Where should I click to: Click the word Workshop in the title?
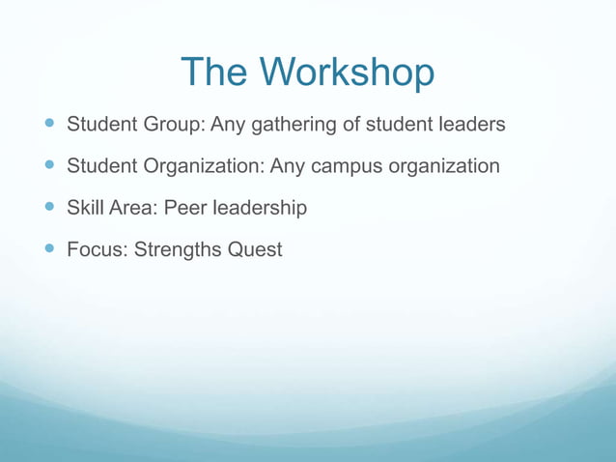[x=348, y=72]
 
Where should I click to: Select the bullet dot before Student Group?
[x=49, y=125]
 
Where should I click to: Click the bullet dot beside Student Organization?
[x=49, y=166]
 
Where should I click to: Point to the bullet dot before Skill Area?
[x=49, y=208]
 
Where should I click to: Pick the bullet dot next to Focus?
[x=49, y=249]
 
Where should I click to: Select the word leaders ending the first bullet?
[x=468, y=126]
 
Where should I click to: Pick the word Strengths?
[x=179, y=250]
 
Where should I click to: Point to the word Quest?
[x=255, y=250]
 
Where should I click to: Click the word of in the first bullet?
[x=352, y=126]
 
